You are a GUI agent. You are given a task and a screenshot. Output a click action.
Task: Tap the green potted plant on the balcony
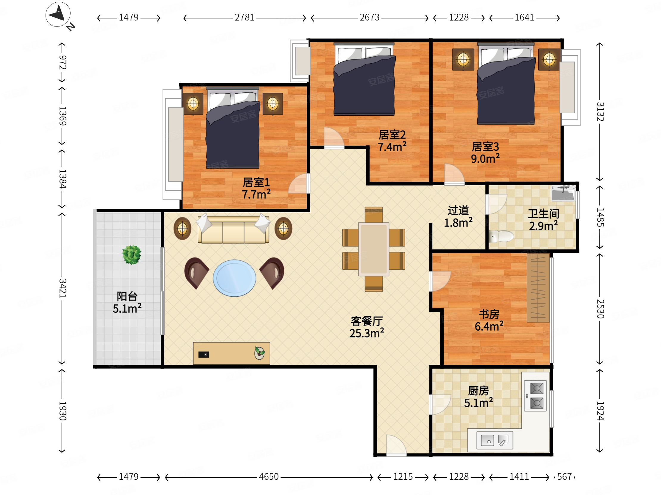point(132,254)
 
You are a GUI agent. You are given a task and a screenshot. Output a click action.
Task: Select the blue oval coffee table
point(234,278)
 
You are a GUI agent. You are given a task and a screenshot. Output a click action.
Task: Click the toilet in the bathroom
point(501,236)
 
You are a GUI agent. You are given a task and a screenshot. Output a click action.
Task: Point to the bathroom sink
point(563,193)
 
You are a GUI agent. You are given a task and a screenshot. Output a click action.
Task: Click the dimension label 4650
point(269,477)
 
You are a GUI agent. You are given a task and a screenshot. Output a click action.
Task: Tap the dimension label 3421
point(62,288)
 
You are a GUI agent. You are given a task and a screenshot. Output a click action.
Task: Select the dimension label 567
point(565,477)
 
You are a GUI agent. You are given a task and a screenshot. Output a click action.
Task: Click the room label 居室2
point(392,135)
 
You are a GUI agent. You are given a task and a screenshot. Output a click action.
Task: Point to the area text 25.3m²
point(367,333)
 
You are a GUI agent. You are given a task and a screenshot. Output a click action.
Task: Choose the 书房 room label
point(489,314)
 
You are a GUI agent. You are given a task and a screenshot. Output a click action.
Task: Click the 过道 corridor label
point(458,210)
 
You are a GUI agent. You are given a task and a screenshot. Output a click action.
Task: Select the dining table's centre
point(374,249)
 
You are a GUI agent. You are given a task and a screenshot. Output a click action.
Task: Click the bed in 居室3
point(506,84)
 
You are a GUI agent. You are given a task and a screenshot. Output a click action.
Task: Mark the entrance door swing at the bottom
point(396,446)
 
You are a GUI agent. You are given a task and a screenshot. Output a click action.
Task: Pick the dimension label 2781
point(244,17)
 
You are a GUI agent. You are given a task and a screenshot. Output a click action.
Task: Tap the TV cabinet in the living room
point(231,353)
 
